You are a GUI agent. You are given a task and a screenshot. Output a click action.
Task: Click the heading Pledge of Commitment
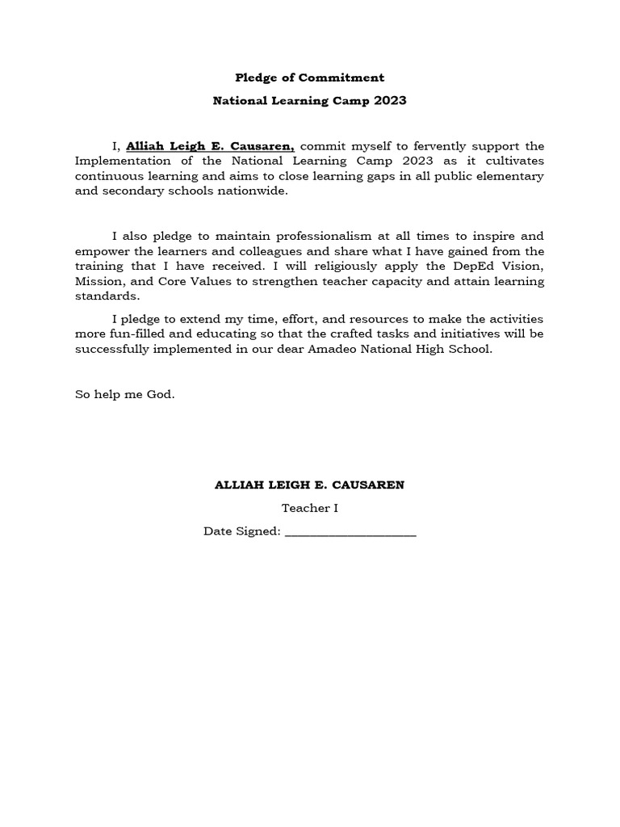pyautogui.click(x=309, y=78)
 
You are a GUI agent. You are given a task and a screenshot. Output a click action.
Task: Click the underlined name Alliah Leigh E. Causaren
pyautogui.click(x=210, y=146)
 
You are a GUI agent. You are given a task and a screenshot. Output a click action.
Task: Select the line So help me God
pyautogui.click(x=124, y=395)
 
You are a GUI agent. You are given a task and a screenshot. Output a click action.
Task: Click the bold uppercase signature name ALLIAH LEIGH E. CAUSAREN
pyautogui.click(x=309, y=485)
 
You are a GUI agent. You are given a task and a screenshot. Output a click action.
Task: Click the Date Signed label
pyautogui.click(x=241, y=531)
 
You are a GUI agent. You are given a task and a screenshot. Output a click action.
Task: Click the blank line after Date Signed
pyautogui.click(x=350, y=533)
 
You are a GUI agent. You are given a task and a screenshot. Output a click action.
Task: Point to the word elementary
pyautogui.click(x=506, y=176)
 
